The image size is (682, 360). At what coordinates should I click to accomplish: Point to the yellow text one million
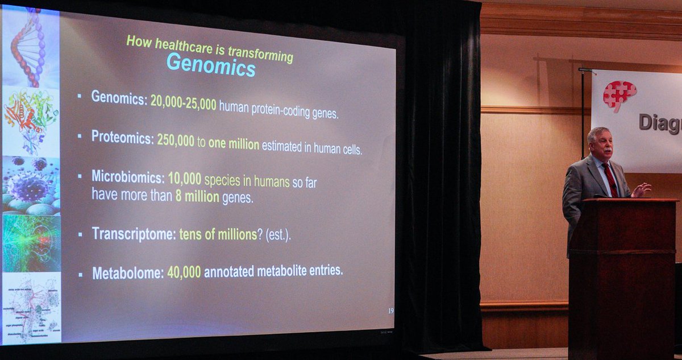tap(234, 144)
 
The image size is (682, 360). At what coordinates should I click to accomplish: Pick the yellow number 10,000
tap(185, 179)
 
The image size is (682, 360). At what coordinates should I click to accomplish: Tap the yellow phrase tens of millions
tap(218, 234)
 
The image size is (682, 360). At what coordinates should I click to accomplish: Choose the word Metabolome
tap(128, 274)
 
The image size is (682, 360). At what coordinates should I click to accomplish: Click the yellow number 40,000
tap(184, 272)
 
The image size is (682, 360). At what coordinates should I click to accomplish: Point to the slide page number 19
tap(390, 311)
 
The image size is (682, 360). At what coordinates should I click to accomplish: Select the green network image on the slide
tap(31, 243)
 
